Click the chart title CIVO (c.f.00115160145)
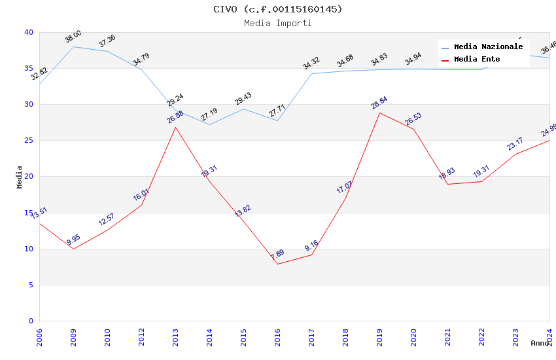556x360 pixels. coord(277,9)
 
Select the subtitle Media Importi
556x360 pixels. coord(277,24)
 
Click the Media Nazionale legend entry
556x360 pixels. coord(488,47)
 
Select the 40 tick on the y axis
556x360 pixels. coord(28,32)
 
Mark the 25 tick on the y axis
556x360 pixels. coord(28,141)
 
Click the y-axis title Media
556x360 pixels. coord(20,177)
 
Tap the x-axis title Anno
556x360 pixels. coord(540,343)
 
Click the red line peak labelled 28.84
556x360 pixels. coord(379,113)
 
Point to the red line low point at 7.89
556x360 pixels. coord(277,264)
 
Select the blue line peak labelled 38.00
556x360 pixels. coord(73,46)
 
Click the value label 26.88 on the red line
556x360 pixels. coord(175,117)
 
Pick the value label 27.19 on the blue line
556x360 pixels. coord(209,115)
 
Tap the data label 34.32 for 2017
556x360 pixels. coord(311,63)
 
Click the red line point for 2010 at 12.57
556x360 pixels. coord(107,230)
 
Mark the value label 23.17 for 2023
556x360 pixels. coord(515,143)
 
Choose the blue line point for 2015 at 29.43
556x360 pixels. coord(243,109)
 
